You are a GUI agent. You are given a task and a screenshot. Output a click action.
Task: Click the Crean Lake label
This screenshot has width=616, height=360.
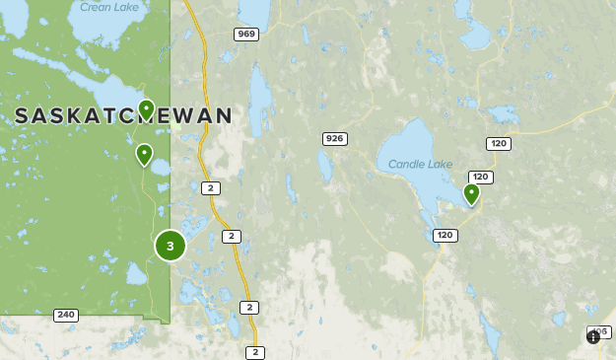[108, 7]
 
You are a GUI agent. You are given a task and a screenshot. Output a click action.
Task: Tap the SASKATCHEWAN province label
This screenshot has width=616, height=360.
[123, 116]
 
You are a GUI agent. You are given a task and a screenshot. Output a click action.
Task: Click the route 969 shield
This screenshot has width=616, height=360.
[246, 35]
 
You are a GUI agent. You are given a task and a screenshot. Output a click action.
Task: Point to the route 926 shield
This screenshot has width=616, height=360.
[334, 139]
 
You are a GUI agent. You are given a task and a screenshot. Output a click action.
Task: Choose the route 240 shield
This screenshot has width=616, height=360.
[66, 315]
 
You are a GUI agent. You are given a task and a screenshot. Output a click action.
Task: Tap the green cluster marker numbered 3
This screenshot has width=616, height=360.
[171, 246]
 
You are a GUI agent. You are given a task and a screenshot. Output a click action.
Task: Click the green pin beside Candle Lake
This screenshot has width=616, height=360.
[471, 193]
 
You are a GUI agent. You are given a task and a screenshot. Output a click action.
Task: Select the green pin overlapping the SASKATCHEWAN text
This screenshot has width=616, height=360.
[146, 108]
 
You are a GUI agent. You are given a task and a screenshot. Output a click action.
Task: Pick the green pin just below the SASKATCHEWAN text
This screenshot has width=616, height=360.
[144, 153]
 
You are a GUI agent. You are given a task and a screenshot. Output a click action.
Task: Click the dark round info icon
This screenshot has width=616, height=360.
[592, 336]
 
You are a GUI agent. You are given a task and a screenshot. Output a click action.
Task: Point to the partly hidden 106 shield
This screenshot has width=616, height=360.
[600, 330]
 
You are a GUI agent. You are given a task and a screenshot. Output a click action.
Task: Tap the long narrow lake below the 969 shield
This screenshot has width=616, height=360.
[260, 99]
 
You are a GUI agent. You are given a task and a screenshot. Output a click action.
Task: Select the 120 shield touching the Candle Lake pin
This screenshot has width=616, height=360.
[481, 178]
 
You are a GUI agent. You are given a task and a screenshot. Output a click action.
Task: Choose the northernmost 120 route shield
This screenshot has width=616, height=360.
[499, 144]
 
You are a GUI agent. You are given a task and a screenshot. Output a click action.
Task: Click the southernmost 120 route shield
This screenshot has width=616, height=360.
[445, 235]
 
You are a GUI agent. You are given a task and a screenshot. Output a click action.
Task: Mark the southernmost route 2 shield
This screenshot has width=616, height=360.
[255, 352]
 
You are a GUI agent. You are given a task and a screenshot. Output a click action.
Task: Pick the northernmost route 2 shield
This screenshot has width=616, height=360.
[209, 187]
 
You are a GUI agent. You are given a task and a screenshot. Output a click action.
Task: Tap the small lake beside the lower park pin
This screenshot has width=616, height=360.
[159, 167]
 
